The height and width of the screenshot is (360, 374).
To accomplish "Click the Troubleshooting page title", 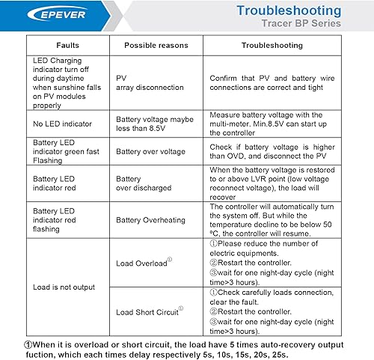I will tap(289, 10).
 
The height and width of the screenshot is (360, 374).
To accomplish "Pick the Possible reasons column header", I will tap(156, 46).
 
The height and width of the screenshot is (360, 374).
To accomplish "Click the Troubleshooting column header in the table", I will tap(272, 46).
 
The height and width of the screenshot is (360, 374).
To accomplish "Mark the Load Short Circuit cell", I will tap(150, 311).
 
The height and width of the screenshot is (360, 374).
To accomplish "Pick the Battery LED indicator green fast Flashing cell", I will tap(67, 151).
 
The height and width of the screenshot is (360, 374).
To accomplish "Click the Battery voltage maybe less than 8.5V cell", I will tap(155, 123).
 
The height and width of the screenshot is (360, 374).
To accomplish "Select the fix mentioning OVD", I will tap(273, 150).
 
